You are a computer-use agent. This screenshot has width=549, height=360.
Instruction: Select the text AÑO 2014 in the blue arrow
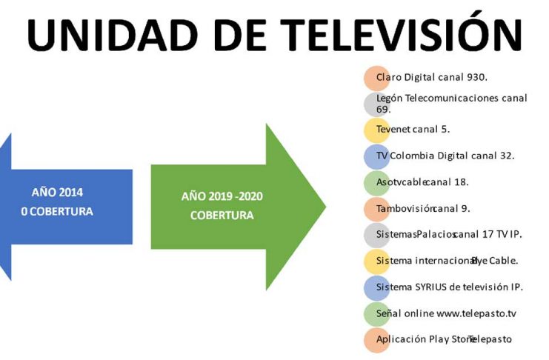tap(58, 192)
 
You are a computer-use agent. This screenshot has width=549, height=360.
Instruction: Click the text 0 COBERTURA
tap(57, 211)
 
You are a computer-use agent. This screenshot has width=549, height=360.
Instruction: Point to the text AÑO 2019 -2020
tap(222, 196)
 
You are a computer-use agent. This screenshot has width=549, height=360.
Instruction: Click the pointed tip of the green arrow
tap(325, 207)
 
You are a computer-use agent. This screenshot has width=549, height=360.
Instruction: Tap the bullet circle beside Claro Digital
tap(376, 78)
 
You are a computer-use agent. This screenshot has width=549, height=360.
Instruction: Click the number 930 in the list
tap(476, 77)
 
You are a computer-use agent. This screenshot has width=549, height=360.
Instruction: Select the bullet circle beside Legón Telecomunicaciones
tap(376, 104)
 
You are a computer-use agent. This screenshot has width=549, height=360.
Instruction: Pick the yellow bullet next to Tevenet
tap(376, 130)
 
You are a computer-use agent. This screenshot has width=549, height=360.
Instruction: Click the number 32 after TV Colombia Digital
tap(506, 156)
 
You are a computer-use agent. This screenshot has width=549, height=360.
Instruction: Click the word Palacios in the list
tap(436, 234)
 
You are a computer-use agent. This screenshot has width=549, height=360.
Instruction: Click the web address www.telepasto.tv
tap(476, 313)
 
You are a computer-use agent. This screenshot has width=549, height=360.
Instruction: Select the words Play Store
tap(452, 339)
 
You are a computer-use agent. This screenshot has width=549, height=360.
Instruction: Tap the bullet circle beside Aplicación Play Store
tap(376, 341)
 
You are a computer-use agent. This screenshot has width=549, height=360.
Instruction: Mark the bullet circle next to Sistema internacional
tap(376, 261)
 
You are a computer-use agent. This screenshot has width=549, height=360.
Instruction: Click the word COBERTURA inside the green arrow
tap(222, 215)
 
